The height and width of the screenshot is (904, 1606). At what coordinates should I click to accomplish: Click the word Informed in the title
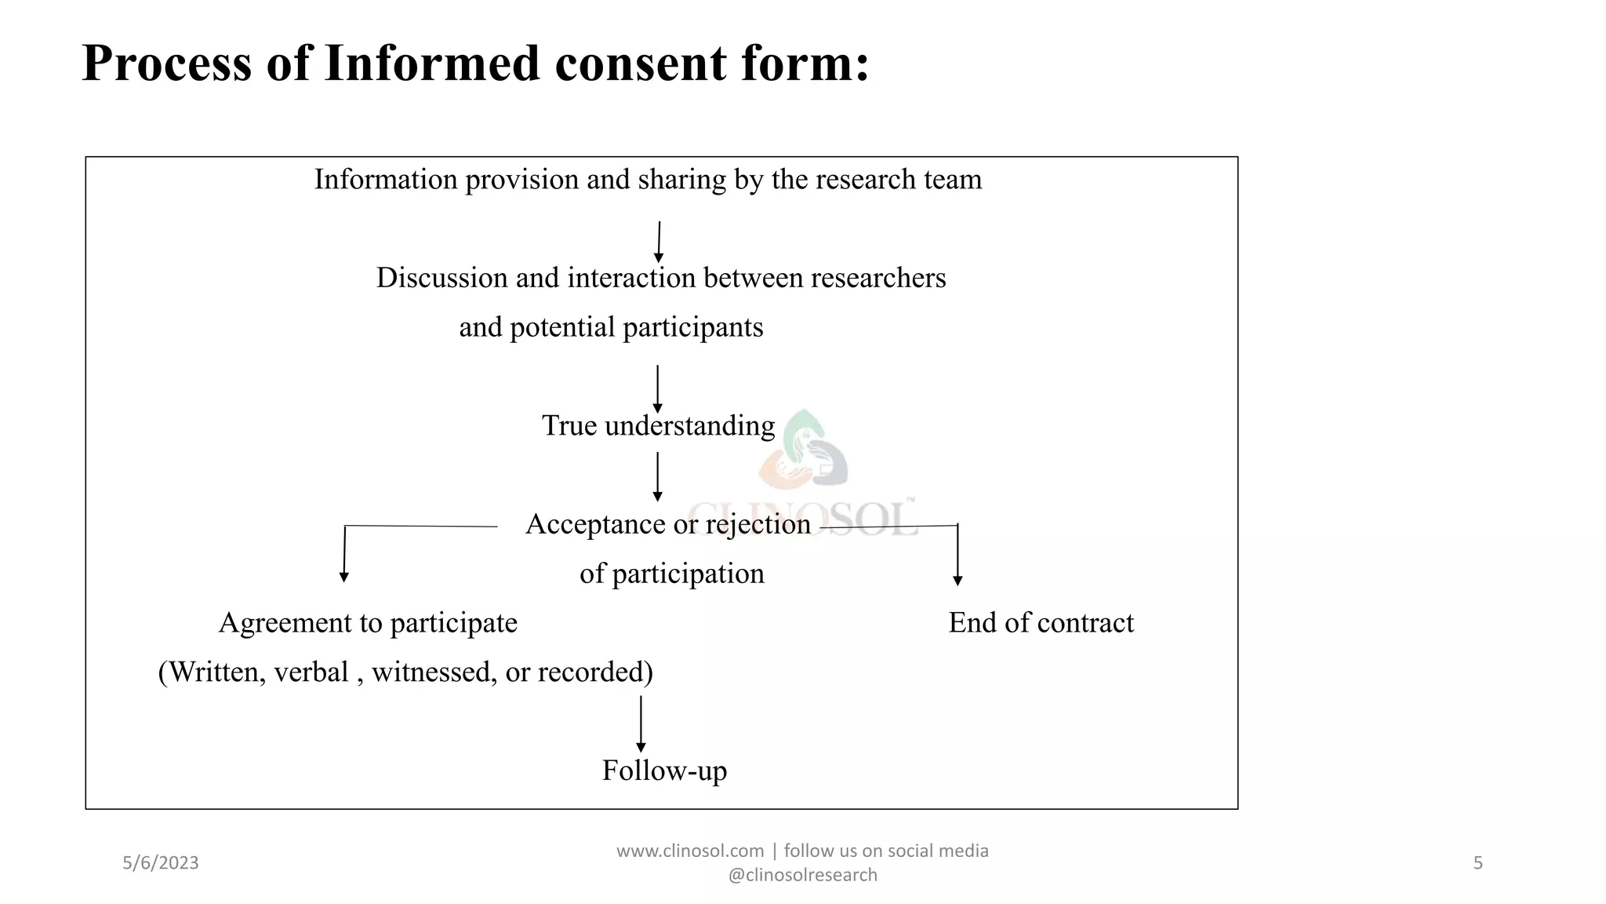(x=432, y=63)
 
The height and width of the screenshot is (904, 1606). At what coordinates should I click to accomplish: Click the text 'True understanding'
(x=658, y=425)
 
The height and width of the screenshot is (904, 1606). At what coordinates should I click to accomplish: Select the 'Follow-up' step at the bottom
(x=664, y=770)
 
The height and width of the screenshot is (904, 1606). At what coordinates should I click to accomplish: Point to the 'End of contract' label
(x=1041, y=622)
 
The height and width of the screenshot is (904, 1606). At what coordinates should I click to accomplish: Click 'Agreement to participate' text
(x=368, y=622)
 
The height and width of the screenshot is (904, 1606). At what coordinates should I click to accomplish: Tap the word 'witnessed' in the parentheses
(x=434, y=672)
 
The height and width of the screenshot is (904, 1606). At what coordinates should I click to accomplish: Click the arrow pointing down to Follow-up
(x=641, y=724)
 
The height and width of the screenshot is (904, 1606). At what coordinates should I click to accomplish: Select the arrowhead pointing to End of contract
(x=957, y=581)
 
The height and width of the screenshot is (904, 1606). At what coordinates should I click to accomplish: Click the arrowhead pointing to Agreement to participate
(x=343, y=577)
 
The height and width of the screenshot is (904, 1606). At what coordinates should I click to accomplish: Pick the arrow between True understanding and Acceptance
(x=657, y=476)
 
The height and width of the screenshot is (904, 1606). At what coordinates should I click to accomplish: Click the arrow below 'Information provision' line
(x=659, y=242)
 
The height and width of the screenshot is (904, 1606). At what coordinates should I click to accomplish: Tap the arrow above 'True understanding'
(x=657, y=388)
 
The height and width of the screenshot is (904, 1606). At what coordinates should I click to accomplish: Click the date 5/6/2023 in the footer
(x=161, y=863)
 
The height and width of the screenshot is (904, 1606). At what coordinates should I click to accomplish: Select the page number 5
(x=1477, y=863)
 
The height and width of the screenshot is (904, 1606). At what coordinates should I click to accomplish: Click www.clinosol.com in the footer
(x=690, y=851)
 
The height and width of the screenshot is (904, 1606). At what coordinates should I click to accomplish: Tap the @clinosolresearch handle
(x=802, y=875)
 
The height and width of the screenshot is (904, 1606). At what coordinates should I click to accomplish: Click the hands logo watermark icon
(x=804, y=451)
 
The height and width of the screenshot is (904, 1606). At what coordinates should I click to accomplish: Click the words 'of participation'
(x=671, y=574)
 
